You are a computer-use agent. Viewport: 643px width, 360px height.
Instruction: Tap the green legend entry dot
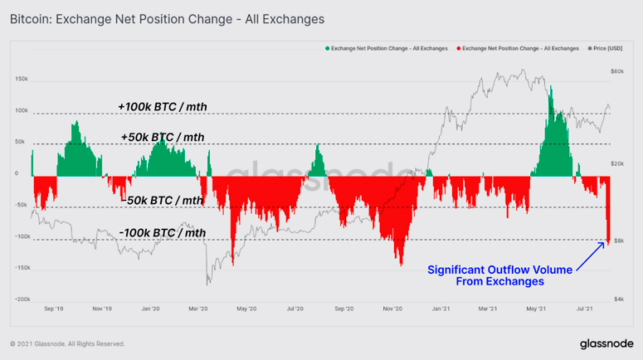point(327,49)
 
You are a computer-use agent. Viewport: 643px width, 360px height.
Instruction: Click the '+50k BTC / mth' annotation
point(162,137)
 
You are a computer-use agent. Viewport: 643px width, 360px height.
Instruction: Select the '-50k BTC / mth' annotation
point(162,200)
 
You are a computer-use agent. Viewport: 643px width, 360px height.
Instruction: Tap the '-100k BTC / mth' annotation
point(163,233)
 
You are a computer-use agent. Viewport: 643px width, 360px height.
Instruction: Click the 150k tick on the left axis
point(22,80)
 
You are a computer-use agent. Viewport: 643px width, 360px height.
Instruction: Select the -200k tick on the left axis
point(22,299)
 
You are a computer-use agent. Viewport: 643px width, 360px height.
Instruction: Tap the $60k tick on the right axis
point(616,71)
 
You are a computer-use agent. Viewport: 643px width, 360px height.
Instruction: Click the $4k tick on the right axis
point(618,299)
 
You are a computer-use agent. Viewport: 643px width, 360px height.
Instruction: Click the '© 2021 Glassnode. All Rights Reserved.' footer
point(67,343)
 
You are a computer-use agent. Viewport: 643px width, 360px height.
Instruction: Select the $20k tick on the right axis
point(616,164)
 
